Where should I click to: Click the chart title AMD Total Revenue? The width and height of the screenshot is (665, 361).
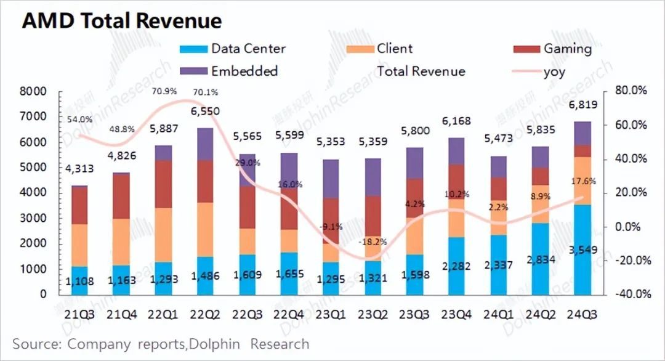tap(121, 22)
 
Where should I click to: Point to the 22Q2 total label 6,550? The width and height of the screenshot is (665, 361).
tap(201, 112)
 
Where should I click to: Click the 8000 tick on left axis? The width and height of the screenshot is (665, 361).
tap(34, 92)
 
